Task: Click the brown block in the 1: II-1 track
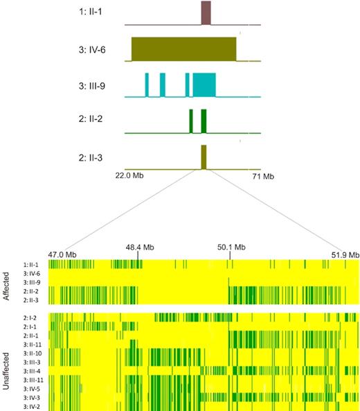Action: [206, 13]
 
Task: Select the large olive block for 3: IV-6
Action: [184, 48]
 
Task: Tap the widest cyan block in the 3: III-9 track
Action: [204, 85]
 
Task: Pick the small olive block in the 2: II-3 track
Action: [204, 157]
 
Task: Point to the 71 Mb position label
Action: [263, 176]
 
